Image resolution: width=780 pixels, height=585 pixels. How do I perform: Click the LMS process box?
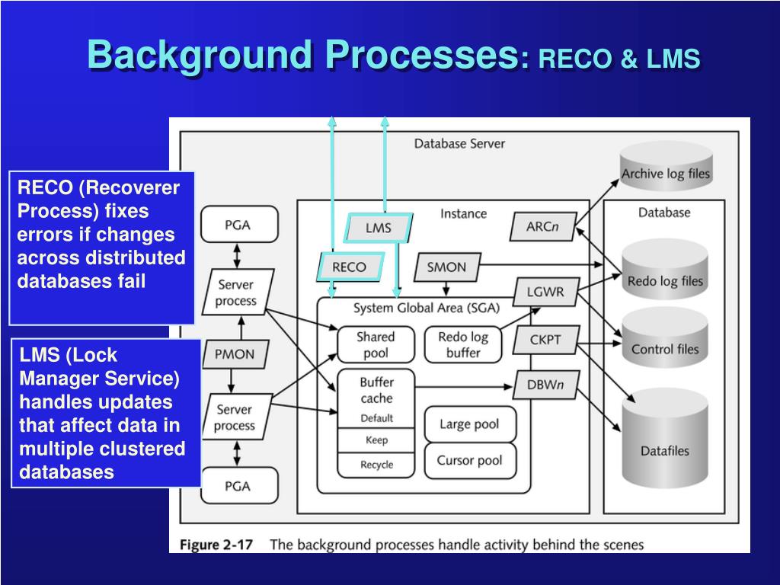379,228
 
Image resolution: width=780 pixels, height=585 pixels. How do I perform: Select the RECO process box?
350,267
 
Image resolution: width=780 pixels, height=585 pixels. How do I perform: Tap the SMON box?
447,267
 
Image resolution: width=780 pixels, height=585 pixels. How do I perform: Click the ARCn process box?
543,227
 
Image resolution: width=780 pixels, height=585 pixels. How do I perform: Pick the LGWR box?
545,292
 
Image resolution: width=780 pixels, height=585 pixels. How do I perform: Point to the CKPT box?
545,340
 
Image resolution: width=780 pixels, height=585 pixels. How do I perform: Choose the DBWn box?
545,385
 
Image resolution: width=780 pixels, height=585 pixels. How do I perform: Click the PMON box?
235,354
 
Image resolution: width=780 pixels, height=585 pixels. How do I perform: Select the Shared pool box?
376,345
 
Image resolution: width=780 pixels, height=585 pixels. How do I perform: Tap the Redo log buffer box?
463,345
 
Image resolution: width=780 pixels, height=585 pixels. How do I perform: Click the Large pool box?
470,424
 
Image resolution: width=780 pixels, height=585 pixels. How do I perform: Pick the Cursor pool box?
470,461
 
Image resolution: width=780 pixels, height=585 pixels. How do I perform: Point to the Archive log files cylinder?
666,165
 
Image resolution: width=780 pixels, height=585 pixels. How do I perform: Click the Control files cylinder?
665,337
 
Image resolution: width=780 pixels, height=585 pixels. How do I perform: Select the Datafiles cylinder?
665,438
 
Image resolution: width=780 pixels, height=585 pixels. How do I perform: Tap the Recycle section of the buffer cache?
376,465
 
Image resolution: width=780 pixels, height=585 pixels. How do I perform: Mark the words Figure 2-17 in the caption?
216,545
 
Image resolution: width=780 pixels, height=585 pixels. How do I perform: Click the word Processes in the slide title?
422,54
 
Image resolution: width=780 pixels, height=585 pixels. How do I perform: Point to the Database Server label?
459,144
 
